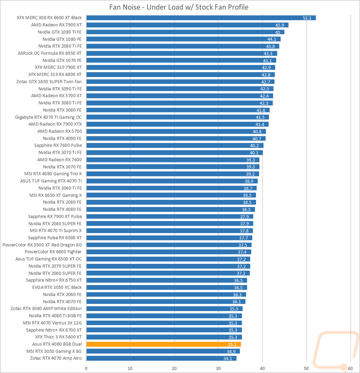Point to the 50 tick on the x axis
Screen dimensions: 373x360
click(x=306, y=368)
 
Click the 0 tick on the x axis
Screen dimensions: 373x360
click(x=86, y=368)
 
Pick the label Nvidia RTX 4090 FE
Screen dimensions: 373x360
click(x=62, y=138)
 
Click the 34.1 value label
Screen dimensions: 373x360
click(x=228, y=358)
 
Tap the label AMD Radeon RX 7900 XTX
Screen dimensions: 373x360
click(x=55, y=124)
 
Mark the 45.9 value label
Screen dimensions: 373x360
click(x=280, y=25)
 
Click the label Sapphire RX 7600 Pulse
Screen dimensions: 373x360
click(x=58, y=145)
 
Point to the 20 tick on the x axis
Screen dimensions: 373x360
click(x=174, y=368)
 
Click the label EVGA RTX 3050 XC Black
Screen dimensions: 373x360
click(x=57, y=287)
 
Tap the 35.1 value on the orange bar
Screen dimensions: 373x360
click(x=232, y=344)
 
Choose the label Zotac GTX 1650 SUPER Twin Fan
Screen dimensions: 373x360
click(x=49, y=82)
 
